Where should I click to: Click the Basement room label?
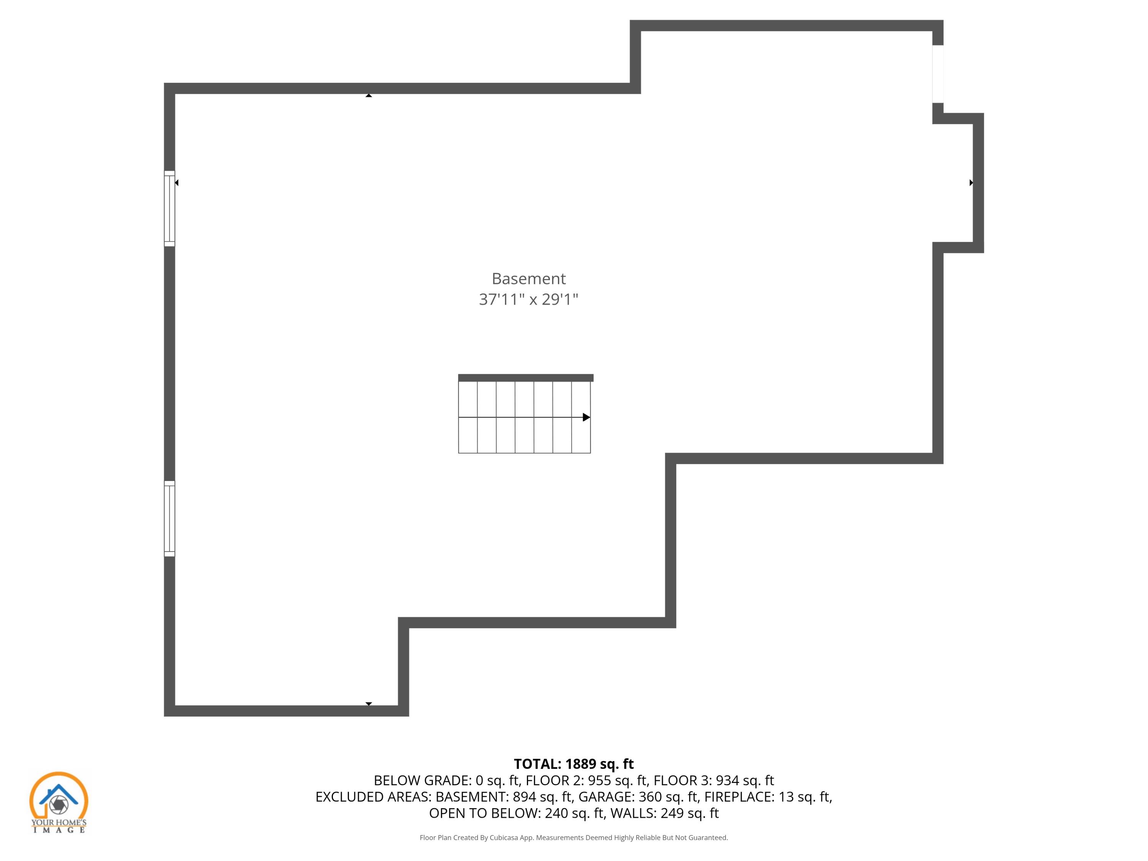(528, 279)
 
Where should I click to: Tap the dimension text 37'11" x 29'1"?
(528, 300)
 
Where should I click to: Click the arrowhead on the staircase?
(586, 417)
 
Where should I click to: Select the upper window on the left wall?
(169, 208)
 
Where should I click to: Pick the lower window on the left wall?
(169, 519)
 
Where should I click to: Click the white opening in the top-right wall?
(937, 74)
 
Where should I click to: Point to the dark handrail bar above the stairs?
(525, 378)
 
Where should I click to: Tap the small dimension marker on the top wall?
(369, 96)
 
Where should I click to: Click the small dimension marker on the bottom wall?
(369, 704)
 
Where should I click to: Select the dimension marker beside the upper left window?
(177, 183)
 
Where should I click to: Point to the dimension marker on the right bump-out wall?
(971, 183)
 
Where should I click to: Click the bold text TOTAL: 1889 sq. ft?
(574, 764)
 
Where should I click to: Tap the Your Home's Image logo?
(59, 802)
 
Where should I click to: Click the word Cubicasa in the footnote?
(504, 838)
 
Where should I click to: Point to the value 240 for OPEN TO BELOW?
(556, 813)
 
